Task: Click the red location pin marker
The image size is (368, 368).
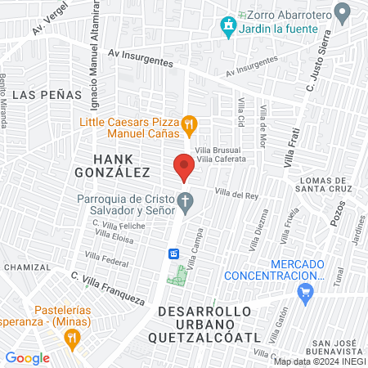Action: pos(184,168)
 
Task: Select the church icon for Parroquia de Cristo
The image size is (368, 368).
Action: pos(186,200)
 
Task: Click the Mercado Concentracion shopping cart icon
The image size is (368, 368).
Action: pos(307,291)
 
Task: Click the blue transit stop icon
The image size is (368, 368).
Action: pos(173,254)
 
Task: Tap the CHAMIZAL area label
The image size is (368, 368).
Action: pos(28,267)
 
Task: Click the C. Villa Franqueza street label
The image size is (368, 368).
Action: pos(106,287)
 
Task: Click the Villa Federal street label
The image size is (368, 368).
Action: pos(112,263)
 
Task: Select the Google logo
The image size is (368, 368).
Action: pos(27,357)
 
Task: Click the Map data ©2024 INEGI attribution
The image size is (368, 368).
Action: pos(320,361)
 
